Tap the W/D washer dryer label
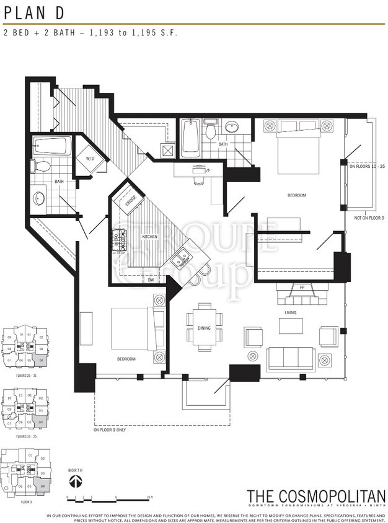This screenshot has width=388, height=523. (x=90, y=159)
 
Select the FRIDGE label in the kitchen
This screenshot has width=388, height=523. (x=130, y=201)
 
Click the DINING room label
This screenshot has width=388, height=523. (x=204, y=328)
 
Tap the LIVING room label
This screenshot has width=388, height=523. (x=291, y=312)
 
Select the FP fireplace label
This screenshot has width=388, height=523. (x=301, y=288)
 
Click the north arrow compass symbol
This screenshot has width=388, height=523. (x=75, y=481)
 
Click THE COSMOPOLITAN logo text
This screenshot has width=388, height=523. (x=315, y=496)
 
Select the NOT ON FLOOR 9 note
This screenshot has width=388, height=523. (x=366, y=218)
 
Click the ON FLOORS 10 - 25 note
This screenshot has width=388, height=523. (x=368, y=166)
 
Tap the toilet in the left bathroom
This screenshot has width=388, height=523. (x=42, y=166)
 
